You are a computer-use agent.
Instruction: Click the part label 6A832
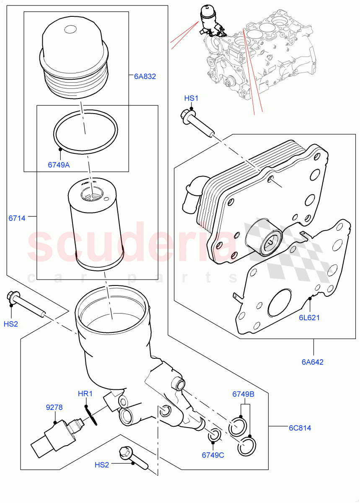[145, 76]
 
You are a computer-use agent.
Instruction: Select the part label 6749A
[59, 165]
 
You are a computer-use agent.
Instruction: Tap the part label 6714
[17, 218]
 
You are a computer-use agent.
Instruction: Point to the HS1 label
[191, 99]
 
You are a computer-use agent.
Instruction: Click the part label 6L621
[309, 317]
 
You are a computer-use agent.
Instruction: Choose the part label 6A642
[313, 362]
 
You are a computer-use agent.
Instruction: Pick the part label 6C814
[300, 428]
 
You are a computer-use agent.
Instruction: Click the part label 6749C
[212, 455]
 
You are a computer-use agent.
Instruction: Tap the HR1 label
[85, 394]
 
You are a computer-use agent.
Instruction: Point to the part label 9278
[54, 407]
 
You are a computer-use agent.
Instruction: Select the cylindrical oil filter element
[96, 222]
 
